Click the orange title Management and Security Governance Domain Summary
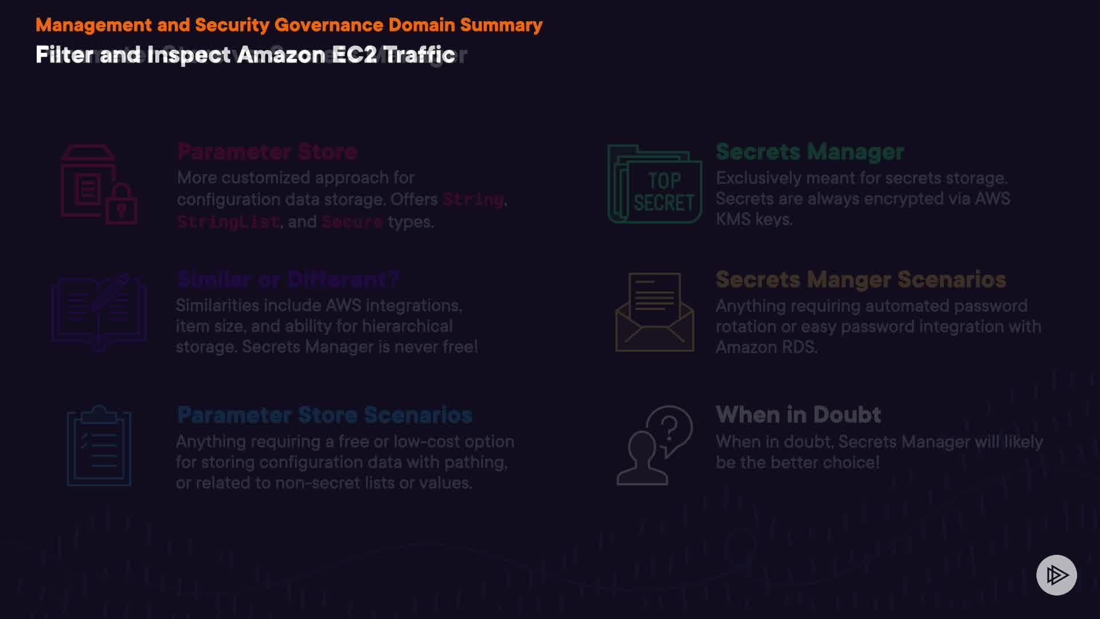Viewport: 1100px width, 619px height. pos(289,25)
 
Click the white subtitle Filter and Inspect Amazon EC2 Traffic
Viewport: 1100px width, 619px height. pos(245,55)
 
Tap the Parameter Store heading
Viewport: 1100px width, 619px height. pos(268,152)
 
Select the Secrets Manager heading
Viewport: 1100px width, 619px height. pos(810,152)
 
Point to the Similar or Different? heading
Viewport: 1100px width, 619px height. pos(288,280)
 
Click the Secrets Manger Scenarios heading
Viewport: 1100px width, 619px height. pos(861,280)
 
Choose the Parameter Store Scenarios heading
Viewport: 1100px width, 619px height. pos(325,415)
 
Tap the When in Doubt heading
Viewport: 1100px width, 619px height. pos(798,415)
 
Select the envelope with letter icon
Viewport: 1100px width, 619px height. pos(654,312)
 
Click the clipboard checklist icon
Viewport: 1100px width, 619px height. pos(99,446)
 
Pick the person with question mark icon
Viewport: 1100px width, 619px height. pos(654,445)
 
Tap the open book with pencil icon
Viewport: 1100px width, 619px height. pos(99,312)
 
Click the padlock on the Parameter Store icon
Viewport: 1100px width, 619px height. pos(121,205)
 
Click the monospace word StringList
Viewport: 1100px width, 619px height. pos(228,222)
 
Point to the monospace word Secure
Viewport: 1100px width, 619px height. pos(352,222)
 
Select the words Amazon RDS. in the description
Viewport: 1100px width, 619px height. pos(766,347)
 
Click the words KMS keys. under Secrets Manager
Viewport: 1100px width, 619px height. pos(754,220)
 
